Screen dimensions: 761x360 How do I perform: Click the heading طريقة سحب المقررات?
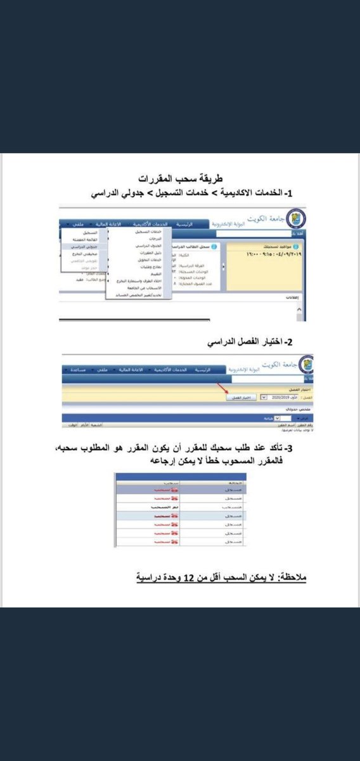coord(181,179)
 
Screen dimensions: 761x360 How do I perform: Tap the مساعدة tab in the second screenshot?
coord(77,369)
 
